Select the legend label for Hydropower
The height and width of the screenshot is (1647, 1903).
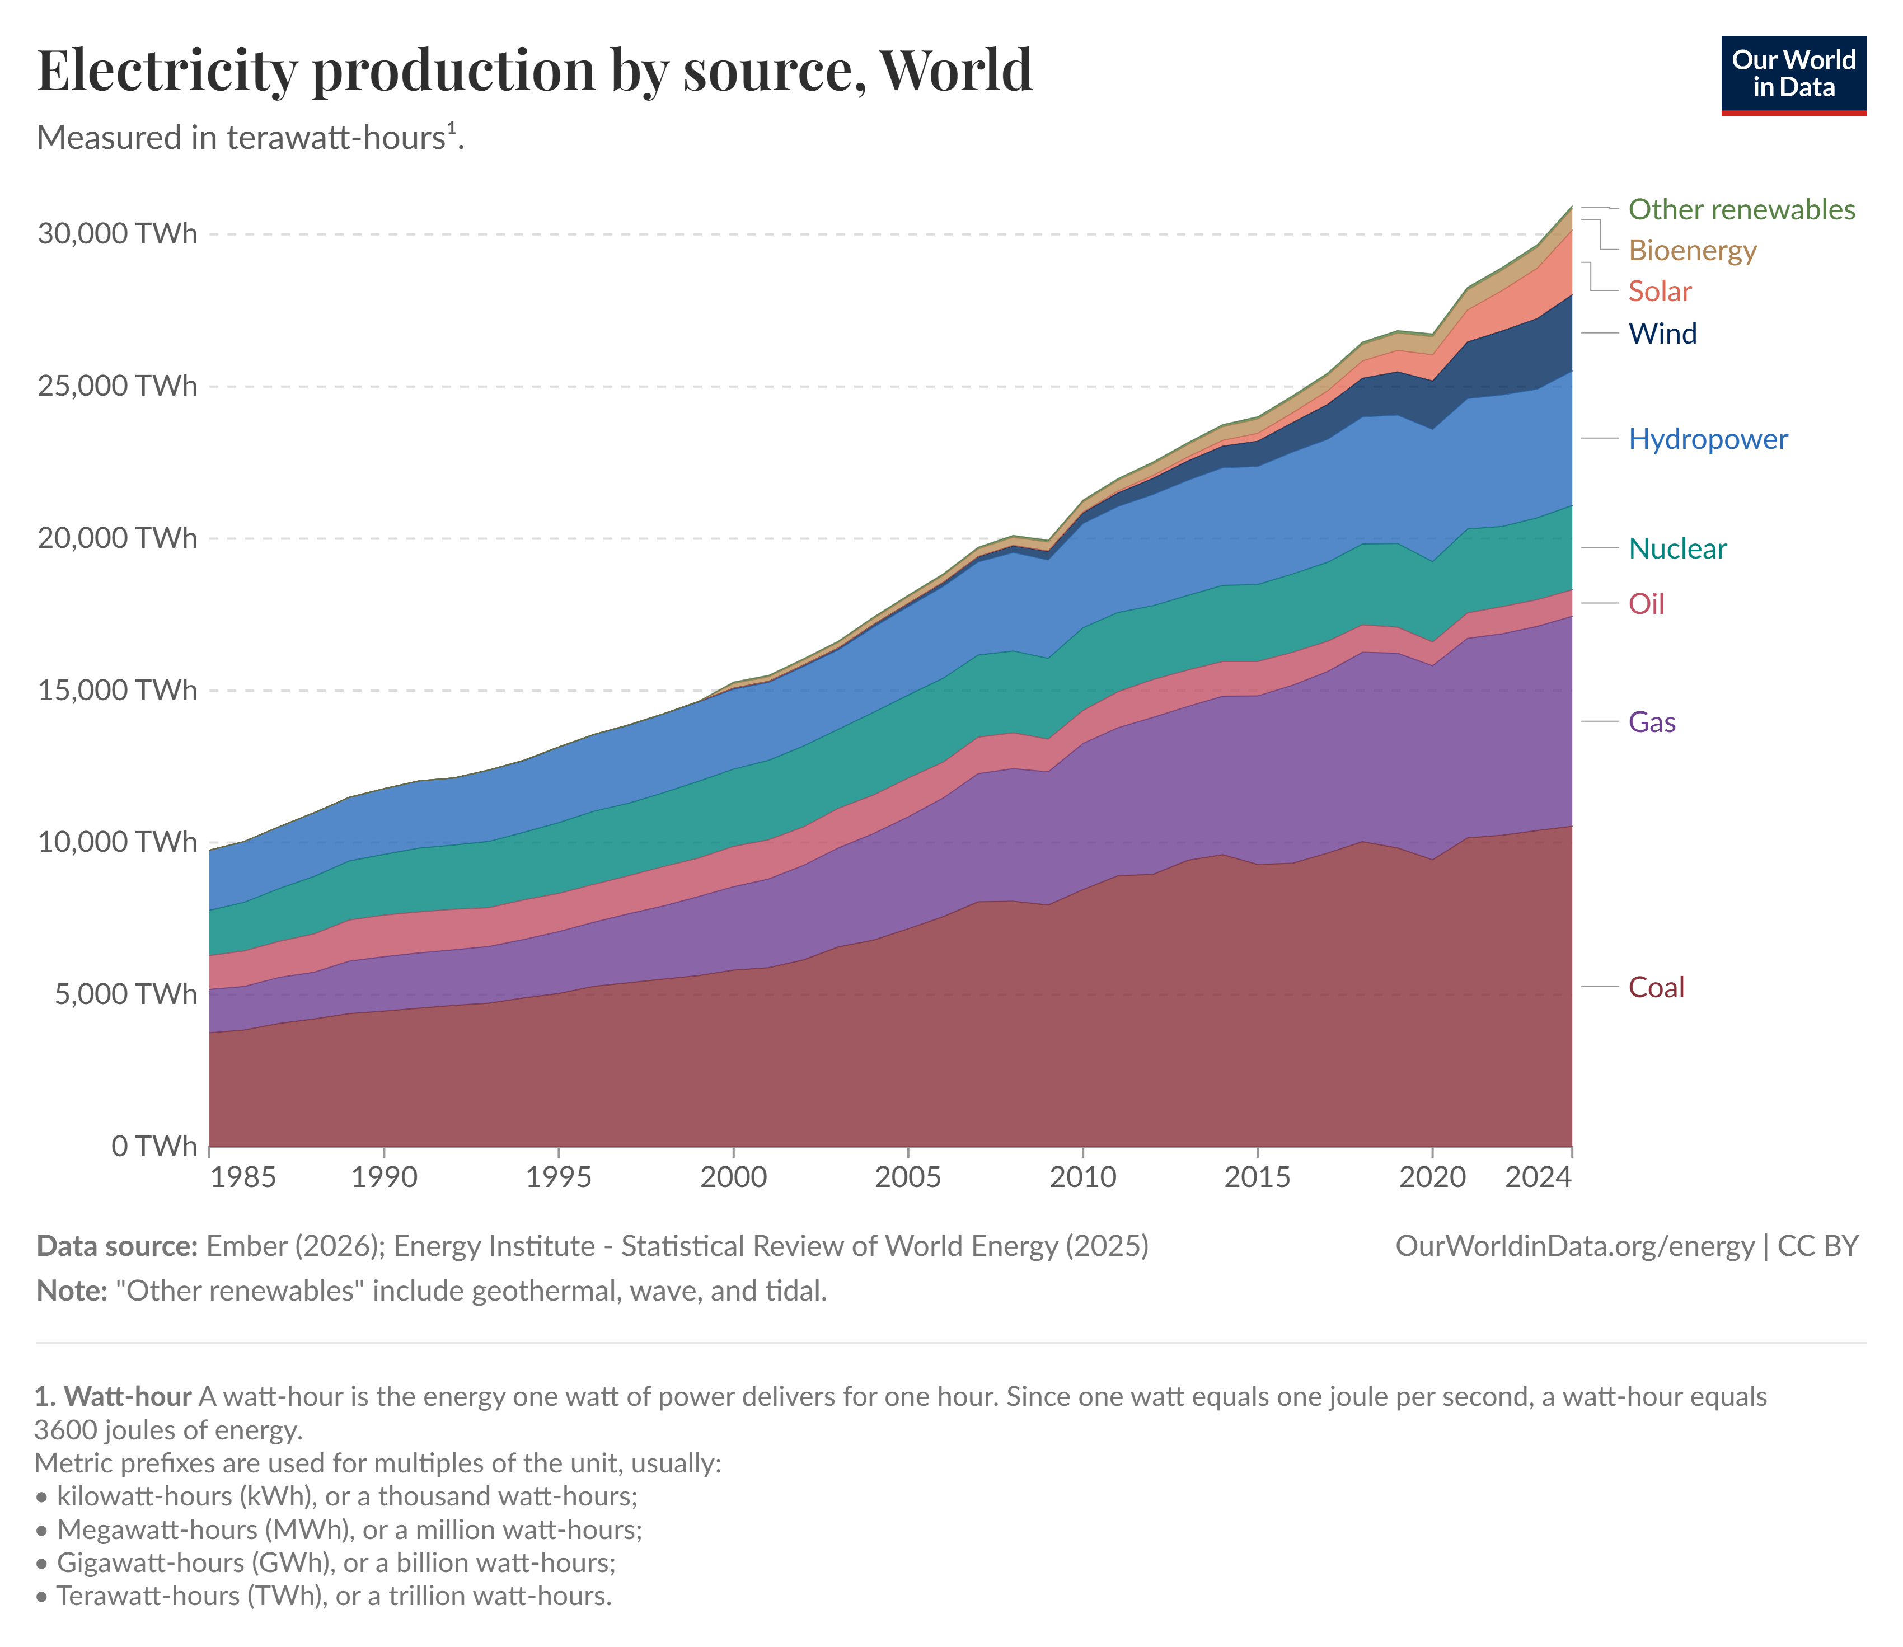point(1707,439)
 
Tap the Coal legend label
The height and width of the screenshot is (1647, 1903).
point(1656,988)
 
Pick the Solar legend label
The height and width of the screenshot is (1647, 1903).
point(1660,292)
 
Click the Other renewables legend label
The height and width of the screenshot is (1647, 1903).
point(1741,209)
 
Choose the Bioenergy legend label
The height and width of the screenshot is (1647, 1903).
point(1691,250)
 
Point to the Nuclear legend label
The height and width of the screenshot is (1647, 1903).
point(1677,548)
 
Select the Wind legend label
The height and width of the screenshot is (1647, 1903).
point(1662,334)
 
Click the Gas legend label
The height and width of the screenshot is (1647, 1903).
point(1652,722)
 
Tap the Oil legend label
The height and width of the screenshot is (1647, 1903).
point(1646,604)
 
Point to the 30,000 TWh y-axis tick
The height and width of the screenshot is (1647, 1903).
point(118,233)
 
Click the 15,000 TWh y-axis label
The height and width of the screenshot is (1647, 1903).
point(118,690)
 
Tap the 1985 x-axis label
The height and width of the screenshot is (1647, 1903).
point(243,1176)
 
